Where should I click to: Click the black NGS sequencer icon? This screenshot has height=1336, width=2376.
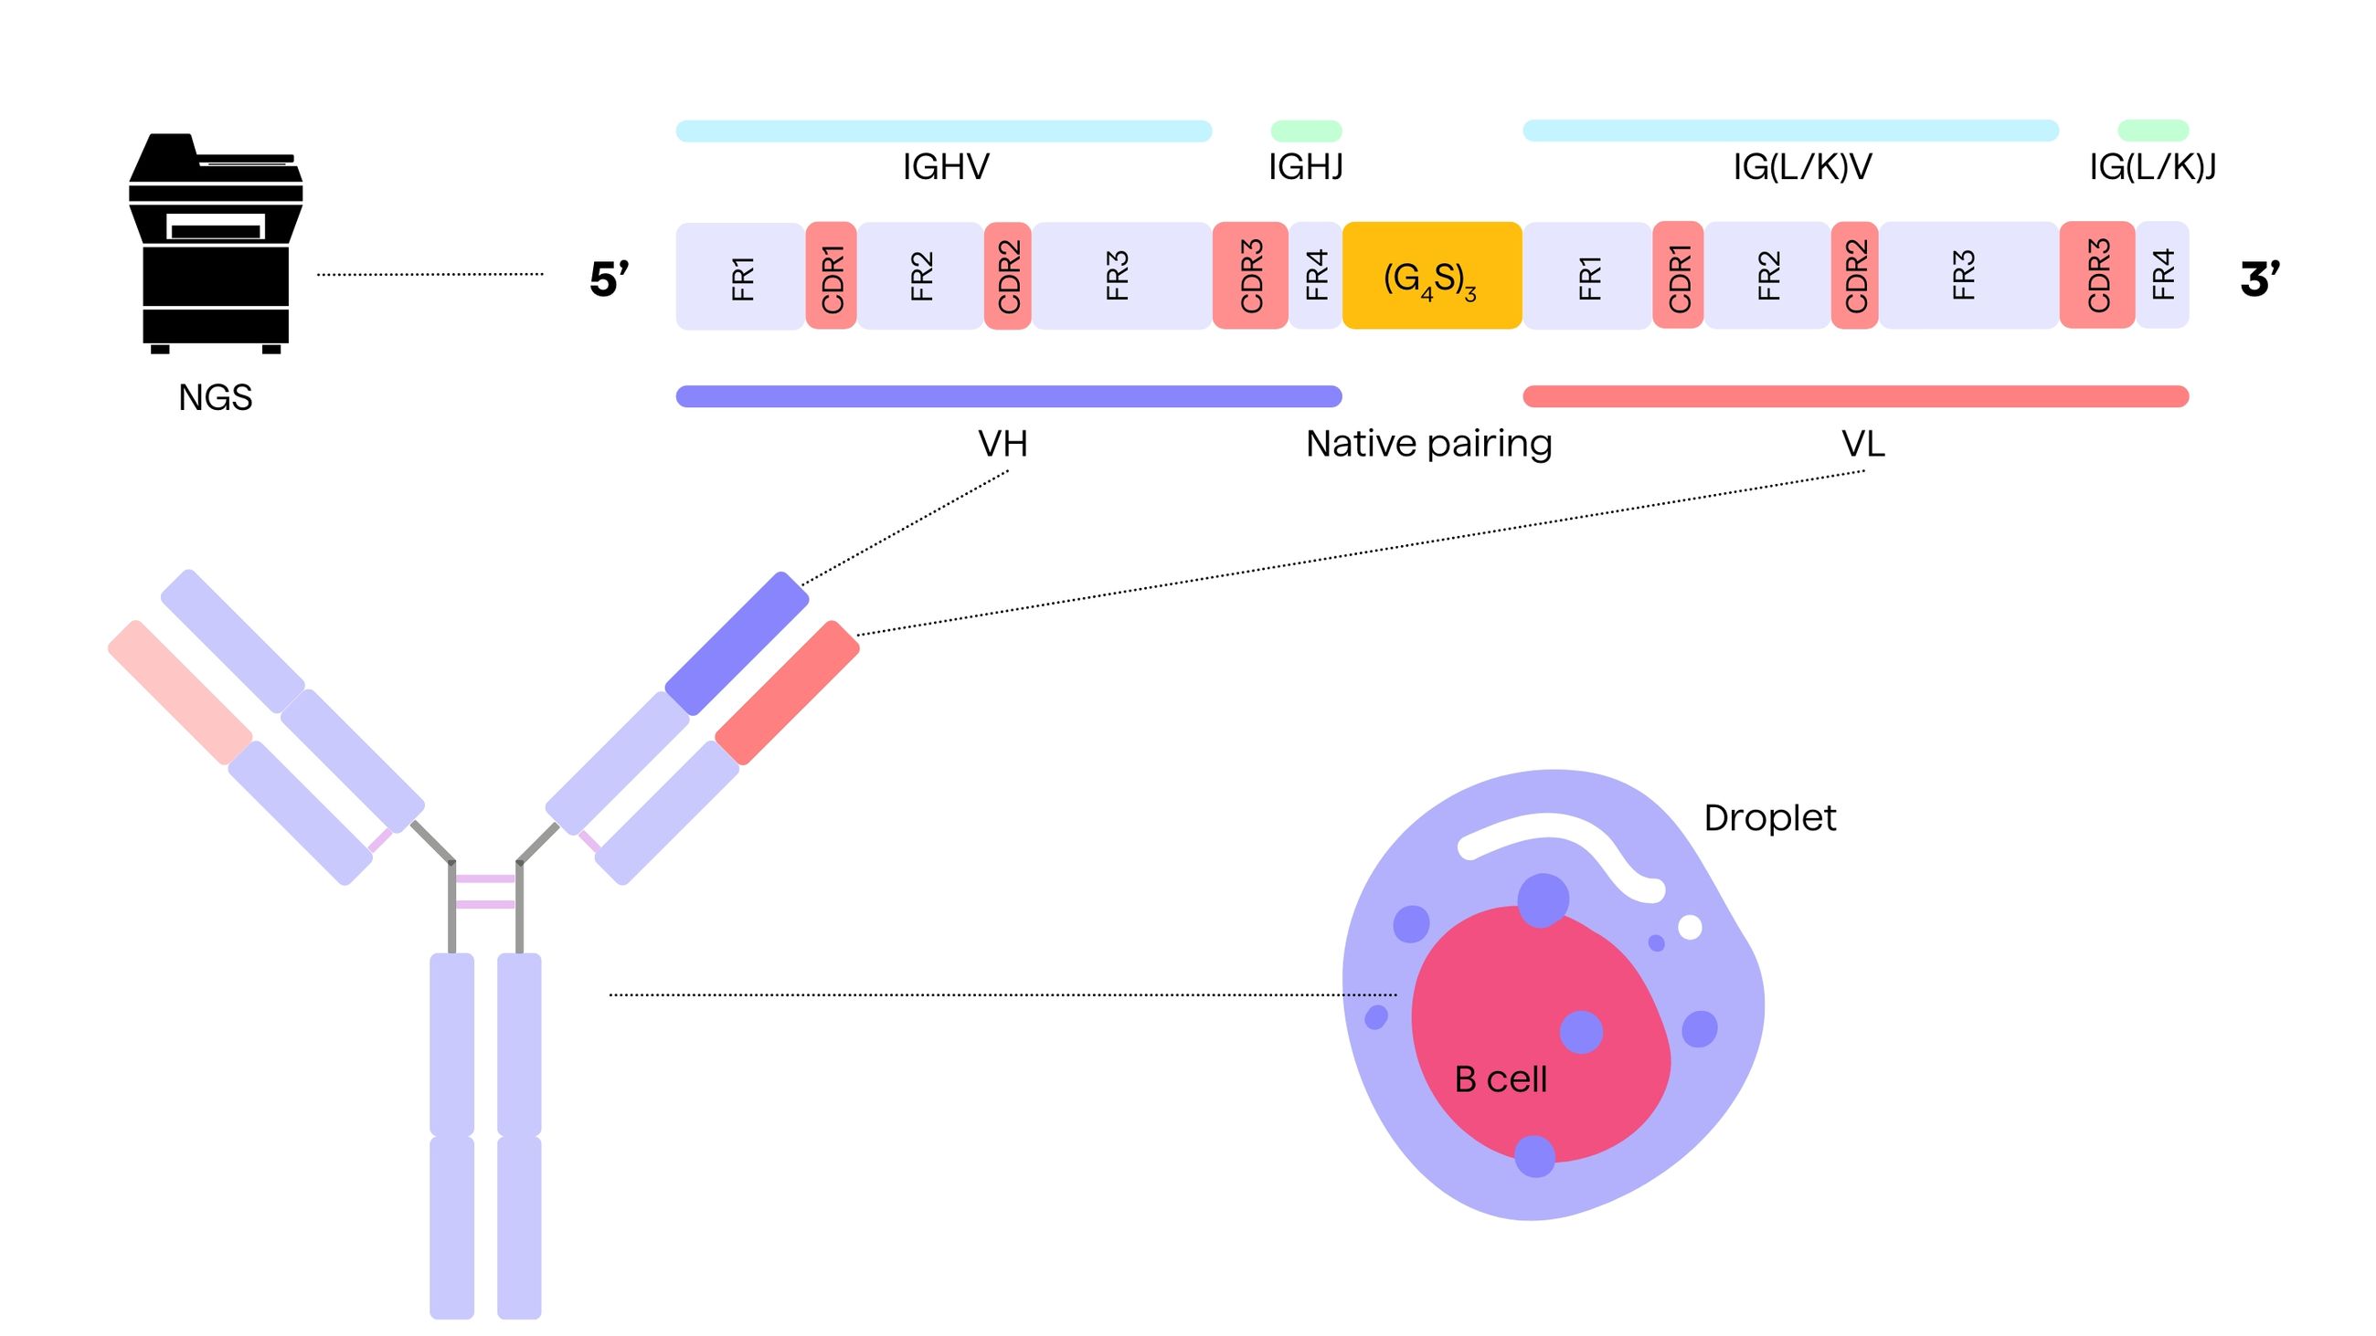click(x=215, y=245)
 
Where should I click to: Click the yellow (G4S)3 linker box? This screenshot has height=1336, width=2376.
click(x=1430, y=275)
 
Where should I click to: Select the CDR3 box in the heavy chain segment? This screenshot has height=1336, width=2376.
click(x=1250, y=275)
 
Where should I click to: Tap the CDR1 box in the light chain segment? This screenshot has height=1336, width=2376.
click(x=1678, y=275)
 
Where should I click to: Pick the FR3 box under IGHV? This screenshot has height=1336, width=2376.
click(x=1119, y=275)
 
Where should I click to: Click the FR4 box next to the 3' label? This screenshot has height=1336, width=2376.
click(x=2162, y=275)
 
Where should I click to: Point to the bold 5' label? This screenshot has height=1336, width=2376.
click(x=609, y=279)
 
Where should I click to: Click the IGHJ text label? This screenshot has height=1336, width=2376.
click(x=1305, y=167)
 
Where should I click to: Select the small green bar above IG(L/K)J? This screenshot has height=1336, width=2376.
click(x=2153, y=130)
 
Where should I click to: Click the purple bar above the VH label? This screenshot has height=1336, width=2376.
click(x=1008, y=396)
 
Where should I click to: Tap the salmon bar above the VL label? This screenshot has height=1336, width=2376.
click(x=1855, y=396)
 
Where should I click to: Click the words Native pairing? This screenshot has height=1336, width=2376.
click(x=1428, y=445)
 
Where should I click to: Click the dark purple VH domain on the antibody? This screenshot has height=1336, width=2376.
click(x=737, y=644)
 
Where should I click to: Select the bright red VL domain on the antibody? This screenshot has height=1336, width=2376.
click(x=787, y=692)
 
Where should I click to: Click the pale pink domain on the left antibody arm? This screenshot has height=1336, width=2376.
click(x=180, y=691)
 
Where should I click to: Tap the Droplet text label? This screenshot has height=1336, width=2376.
click(x=1769, y=818)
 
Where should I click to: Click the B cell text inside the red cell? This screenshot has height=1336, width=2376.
click(x=1500, y=1078)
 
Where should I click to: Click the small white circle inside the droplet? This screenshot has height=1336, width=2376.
click(x=1690, y=927)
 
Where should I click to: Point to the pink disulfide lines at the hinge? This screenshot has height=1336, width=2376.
click(x=485, y=891)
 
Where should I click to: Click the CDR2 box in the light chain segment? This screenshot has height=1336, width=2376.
click(x=1855, y=275)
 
